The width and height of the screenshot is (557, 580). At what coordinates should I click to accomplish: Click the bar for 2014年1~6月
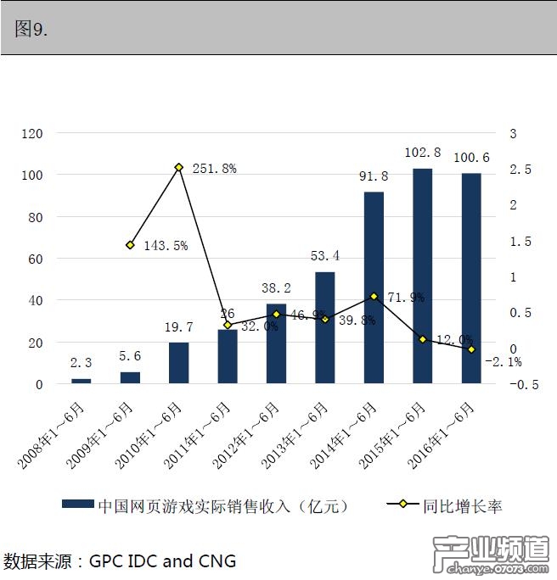tap(374, 288)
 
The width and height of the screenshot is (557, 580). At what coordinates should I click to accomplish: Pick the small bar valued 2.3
tap(81, 381)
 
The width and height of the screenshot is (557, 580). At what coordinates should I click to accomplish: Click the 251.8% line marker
tap(178, 168)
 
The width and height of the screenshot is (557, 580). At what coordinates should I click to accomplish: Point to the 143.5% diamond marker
tap(130, 245)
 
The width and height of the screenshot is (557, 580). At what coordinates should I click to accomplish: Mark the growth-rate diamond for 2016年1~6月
tap(471, 349)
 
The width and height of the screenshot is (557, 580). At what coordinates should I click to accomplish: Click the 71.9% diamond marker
tap(374, 297)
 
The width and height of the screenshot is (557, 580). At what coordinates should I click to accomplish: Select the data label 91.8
tap(374, 176)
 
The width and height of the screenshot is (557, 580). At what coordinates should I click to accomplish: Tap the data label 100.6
tap(471, 157)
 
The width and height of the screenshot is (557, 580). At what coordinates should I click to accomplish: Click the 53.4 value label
tap(325, 256)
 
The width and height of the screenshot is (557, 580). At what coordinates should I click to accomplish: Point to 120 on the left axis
tap(32, 134)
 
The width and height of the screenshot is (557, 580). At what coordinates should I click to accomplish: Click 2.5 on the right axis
tap(520, 170)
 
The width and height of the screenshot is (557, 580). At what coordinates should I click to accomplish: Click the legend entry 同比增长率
tap(463, 506)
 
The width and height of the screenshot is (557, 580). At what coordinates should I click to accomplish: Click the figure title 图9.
tap(32, 28)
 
